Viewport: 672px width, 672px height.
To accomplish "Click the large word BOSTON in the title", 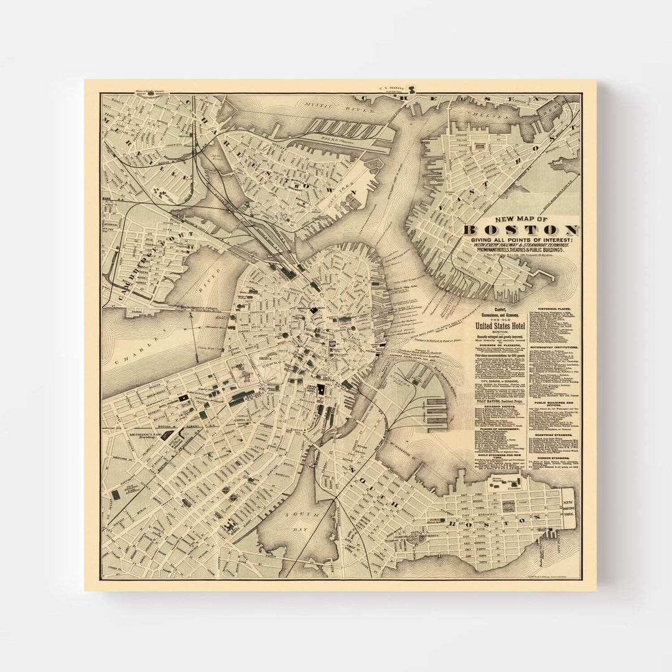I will point(521,231).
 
